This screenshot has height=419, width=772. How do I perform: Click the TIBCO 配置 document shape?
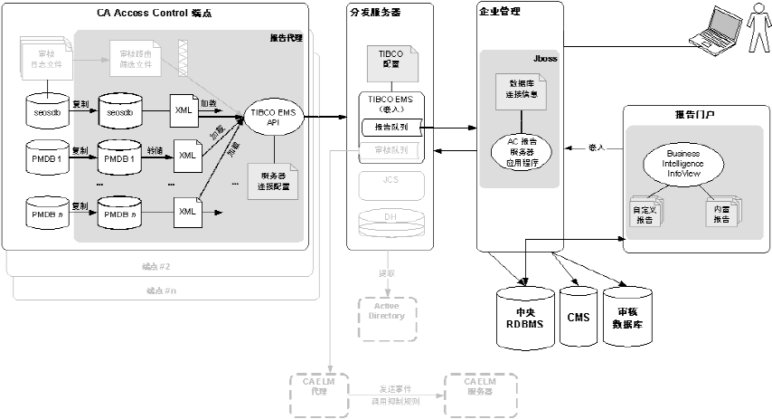tap(390, 62)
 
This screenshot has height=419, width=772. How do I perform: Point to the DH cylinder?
tap(390, 221)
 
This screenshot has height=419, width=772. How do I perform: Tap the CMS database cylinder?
tap(578, 318)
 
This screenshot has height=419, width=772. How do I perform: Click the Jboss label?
tap(544, 56)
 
